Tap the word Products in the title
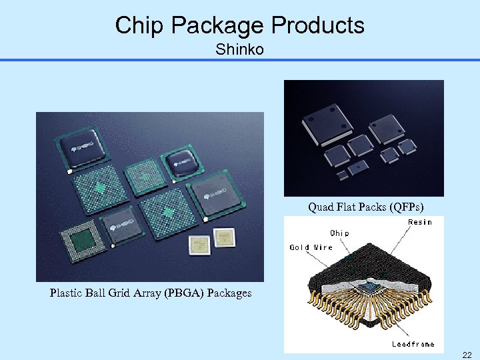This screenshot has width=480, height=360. (x=317, y=25)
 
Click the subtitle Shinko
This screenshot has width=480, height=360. (x=239, y=49)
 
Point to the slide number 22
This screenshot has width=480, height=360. (x=467, y=355)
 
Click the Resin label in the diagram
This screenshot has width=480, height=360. (x=419, y=222)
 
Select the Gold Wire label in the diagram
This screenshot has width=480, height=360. (x=311, y=247)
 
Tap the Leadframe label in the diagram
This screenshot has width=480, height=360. (x=413, y=344)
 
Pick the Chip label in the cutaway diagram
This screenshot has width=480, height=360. (x=339, y=233)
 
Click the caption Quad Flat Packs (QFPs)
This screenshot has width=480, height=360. (x=366, y=207)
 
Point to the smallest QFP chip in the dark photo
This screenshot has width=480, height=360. (x=341, y=175)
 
